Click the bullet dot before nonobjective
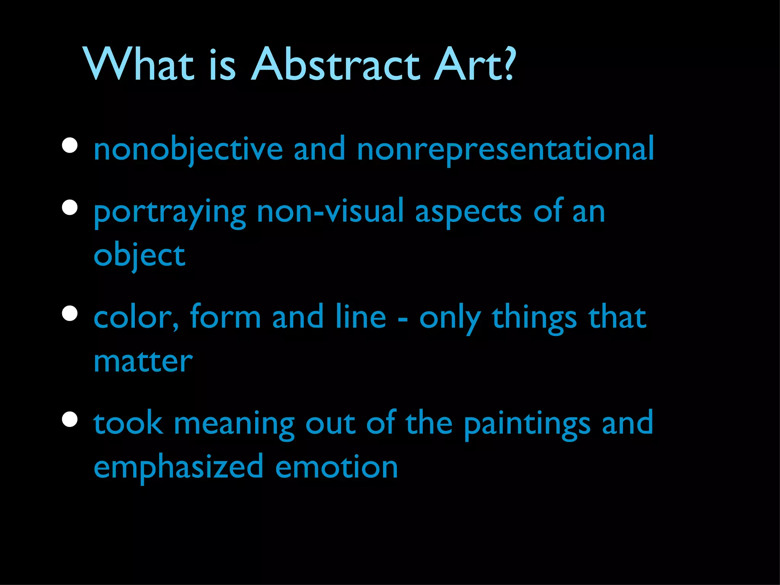point(70,145)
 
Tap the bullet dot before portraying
point(70,208)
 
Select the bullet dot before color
point(70,314)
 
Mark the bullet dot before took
point(70,419)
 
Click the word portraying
point(170,213)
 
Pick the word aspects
point(468,213)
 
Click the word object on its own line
point(139,256)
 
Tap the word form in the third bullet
point(225,317)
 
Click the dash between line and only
point(403,319)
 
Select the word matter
point(143,361)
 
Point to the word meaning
point(234,424)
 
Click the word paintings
point(527,424)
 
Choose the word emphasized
point(178,467)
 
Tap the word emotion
point(336,467)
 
